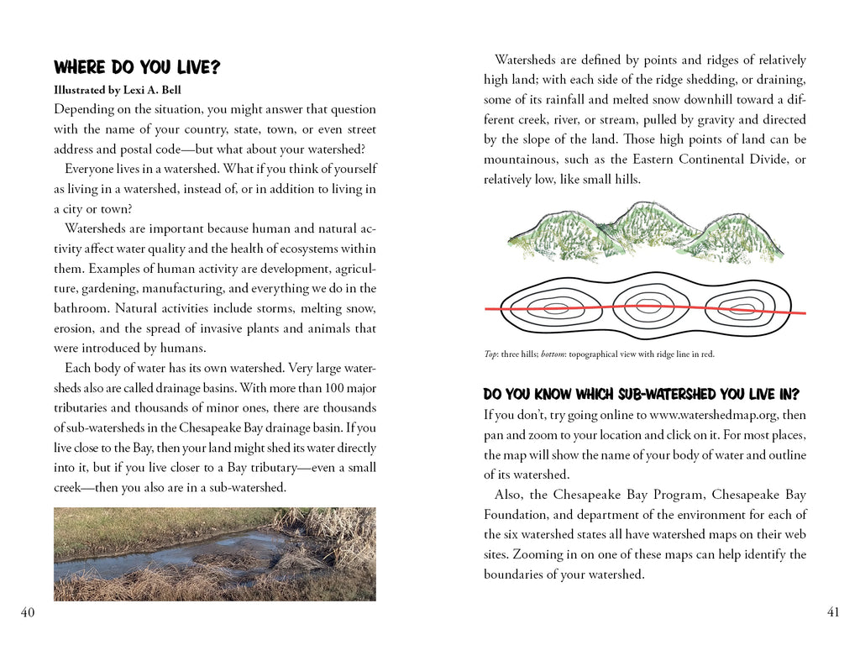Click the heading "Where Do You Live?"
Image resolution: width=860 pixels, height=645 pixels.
pyautogui.click(x=136, y=67)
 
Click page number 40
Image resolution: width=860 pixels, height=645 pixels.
pyautogui.click(x=28, y=612)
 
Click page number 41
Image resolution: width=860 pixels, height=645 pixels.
pyautogui.click(x=832, y=612)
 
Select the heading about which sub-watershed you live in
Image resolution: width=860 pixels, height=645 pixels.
pyautogui.click(x=641, y=394)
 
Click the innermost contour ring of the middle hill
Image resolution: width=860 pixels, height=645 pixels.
pyautogui.click(x=647, y=307)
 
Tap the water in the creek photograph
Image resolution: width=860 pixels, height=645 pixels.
pyautogui.click(x=168, y=558)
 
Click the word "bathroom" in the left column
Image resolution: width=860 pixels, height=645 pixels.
pyautogui.click(x=81, y=308)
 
